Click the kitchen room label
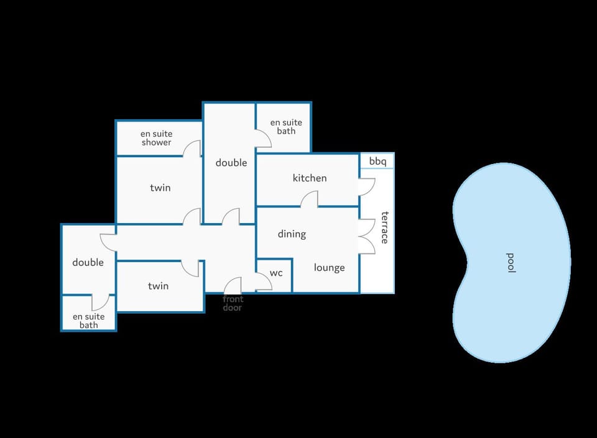(x=310, y=178)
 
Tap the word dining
(x=292, y=234)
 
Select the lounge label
(x=330, y=268)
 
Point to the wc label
(x=276, y=273)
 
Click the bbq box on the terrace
(x=377, y=161)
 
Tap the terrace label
(x=385, y=227)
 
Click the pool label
(x=511, y=263)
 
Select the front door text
(x=233, y=303)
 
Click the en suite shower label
(x=157, y=138)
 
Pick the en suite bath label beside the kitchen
(x=286, y=127)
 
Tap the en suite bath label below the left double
(x=89, y=321)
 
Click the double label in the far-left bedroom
(x=88, y=262)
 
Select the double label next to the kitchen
(x=231, y=163)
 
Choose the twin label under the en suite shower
(x=160, y=188)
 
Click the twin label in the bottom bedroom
(x=159, y=286)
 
